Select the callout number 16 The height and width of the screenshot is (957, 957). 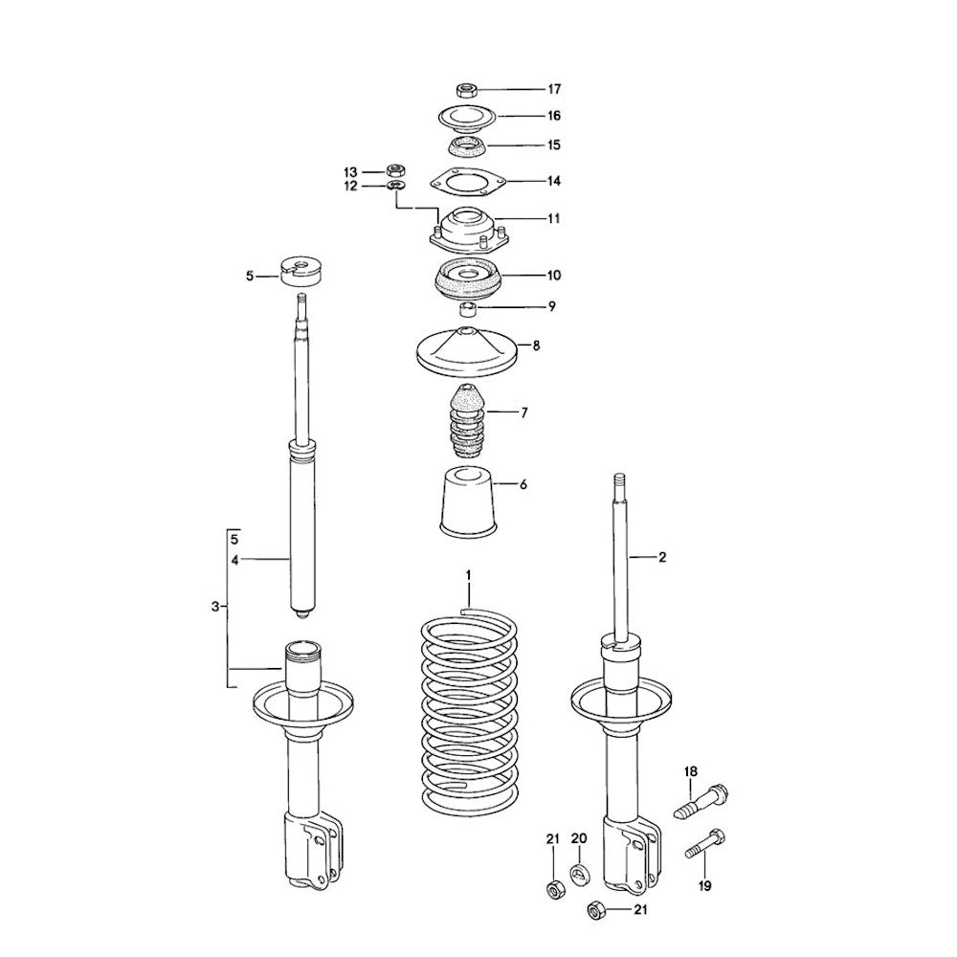click(x=553, y=116)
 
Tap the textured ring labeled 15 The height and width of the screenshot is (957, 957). click(x=467, y=145)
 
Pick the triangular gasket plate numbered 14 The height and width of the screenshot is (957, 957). click(x=468, y=182)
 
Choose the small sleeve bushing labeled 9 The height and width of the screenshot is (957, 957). click(x=468, y=307)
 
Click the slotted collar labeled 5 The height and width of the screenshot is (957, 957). click(x=300, y=271)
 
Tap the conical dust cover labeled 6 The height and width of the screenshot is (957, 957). click(x=468, y=502)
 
